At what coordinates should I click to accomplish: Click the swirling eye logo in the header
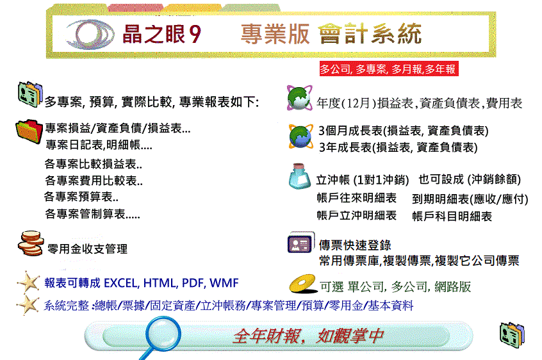(90, 34)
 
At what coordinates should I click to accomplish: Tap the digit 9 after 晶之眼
(195, 34)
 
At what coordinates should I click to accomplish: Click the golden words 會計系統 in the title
(370, 34)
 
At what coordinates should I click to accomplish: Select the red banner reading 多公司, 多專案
(389, 69)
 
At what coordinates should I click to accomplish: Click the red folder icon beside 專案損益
(29, 131)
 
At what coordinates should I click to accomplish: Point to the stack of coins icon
(31, 243)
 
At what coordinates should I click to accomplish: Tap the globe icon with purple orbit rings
(299, 98)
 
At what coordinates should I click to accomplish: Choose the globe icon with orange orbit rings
(300, 136)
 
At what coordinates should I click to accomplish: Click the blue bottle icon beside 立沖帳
(299, 176)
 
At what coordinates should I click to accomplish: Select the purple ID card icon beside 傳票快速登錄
(300, 243)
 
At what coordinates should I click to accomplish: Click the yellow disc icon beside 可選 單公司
(303, 284)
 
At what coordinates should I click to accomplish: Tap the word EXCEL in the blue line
(120, 283)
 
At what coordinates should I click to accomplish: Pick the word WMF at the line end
(224, 283)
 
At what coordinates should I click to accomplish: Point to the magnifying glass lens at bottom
(163, 334)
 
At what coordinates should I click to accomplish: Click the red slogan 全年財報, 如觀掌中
(308, 336)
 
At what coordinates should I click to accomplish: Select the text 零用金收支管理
(88, 249)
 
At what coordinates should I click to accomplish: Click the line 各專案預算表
(81, 197)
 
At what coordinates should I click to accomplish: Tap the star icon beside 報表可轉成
(28, 282)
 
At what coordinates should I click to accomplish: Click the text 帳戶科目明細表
(452, 217)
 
